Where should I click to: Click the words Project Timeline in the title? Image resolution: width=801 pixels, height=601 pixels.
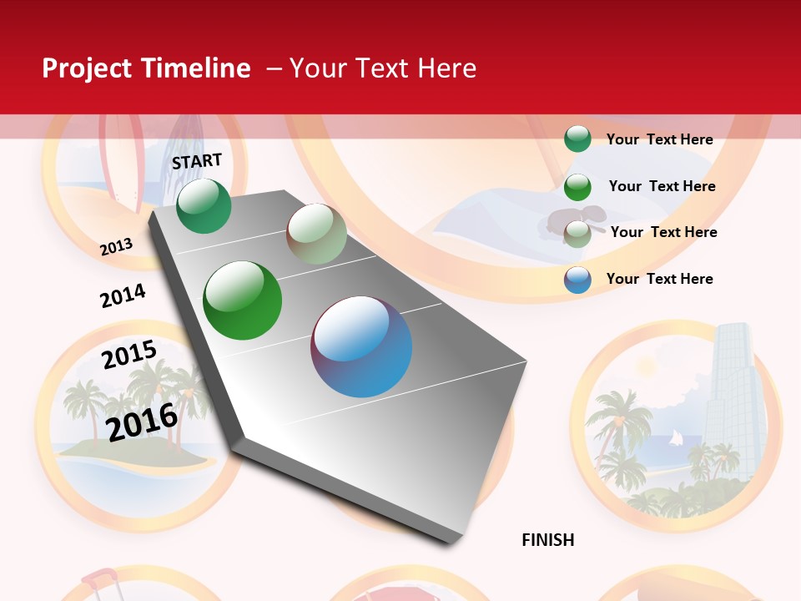click(x=146, y=68)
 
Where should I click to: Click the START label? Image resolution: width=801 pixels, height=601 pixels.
click(x=197, y=161)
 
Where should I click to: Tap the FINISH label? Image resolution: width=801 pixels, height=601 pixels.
click(x=548, y=540)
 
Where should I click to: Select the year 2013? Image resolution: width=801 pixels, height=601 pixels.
click(x=117, y=246)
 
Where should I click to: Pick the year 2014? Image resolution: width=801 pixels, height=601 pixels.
click(x=123, y=296)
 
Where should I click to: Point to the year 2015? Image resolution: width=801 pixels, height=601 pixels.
click(x=129, y=354)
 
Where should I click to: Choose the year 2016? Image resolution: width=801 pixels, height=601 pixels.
click(x=143, y=422)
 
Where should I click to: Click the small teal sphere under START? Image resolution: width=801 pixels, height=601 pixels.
click(x=204, y=205)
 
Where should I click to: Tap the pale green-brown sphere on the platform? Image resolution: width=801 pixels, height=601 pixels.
click(x=316, y=234)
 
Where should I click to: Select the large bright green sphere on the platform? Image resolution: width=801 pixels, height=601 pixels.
click(x=243, y=300)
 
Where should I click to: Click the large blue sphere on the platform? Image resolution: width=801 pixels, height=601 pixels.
click(x=361, y=346)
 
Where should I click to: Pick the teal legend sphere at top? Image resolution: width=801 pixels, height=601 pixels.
click(x=577, y=139)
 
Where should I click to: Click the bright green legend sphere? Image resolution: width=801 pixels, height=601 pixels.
click(x=577, y=187)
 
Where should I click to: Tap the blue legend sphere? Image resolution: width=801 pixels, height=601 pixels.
click(x=577, y=280)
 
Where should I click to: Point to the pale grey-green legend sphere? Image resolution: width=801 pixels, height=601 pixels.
click(x=577, y=234)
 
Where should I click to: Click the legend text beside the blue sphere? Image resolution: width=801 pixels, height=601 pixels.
click(x=659, y=279)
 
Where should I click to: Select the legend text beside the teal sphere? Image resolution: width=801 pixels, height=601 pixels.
click(x=659, y=139)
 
